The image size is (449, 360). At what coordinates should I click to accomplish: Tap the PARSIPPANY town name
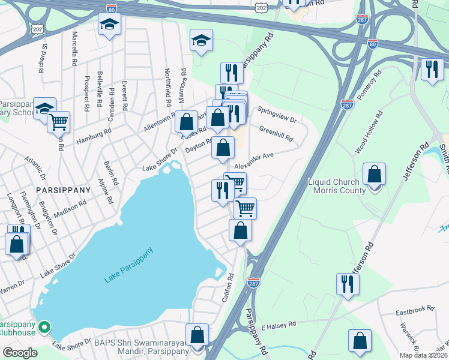click(62, 190)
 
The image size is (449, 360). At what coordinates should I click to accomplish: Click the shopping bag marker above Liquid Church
click(375, 175)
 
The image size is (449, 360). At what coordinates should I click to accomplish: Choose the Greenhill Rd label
click(276, 133)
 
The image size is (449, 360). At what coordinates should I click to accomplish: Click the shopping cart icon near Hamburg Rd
click(58, 122)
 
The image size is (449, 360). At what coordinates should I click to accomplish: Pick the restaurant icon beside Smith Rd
click(432, 70)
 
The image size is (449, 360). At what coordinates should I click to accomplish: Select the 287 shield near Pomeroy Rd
click(347, 104)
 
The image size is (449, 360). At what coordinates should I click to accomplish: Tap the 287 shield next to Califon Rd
click(254, 282)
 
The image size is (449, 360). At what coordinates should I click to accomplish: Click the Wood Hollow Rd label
click(369, 132)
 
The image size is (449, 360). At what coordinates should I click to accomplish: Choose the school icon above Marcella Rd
click(109, 25)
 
